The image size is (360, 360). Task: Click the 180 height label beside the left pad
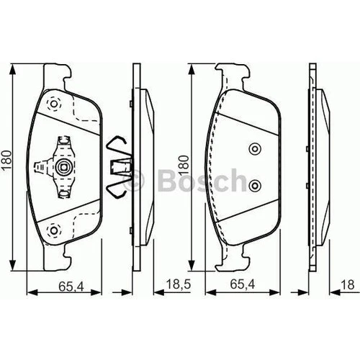pos(6,160)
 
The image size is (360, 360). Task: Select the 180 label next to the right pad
pos(184,165)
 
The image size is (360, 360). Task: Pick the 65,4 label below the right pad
pos(243,284)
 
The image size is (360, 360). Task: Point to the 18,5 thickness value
pos(179,284)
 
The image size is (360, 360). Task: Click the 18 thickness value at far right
pos(347,285)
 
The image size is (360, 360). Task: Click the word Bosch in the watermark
pos(202,181)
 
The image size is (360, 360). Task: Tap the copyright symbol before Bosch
pos(133,181)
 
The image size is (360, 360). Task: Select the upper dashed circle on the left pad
pos(54,104)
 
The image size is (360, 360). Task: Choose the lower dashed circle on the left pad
pos(54,230)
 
